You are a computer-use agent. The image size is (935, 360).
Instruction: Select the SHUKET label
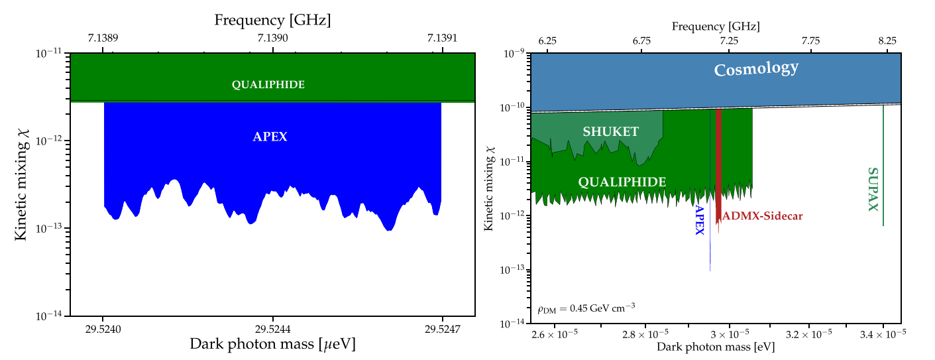tap(611, 132)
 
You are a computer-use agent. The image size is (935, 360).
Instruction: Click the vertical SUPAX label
tap(873, 189)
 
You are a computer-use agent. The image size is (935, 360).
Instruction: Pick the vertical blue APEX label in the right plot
tap(698, 225)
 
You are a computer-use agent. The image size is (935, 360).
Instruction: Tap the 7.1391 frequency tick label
tap(441, 39)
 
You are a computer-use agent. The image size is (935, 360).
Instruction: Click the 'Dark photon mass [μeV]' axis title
tap(272, 344)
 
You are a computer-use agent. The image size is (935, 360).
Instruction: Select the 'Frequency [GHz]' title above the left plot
tap(272, 21)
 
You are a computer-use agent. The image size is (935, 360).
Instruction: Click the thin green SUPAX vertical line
tap(883, 166)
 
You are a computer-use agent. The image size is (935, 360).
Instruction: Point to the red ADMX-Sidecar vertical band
tap(718, 166)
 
